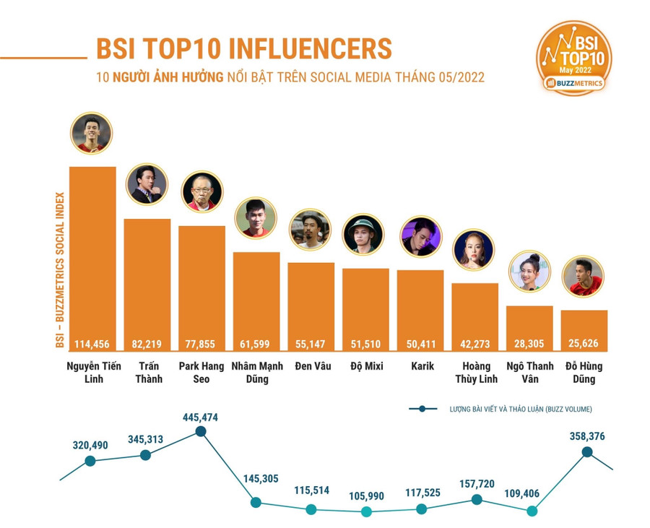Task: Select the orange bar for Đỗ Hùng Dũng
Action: pyautogui.click(x=584, y=325)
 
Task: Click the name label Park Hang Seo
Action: pyautogui.click(x=201, y=372)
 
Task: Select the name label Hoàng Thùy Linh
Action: pyautogui.click(x=475, y=372)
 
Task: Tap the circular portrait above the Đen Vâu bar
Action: pyautogui.click(x=311, y=230)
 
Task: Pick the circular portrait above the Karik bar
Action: pyautogui.click(x=420, y=237)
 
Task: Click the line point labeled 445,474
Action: pyautogui.click(x=201, y=432)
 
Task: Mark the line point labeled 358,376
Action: pyautogui.click(x=587, y=452)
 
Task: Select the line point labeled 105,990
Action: pyautogui.click(x=365, y=512)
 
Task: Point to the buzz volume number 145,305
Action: pyautogui.click(x=256, y=479)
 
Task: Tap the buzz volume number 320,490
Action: pyautogui.click(x=90, y=445)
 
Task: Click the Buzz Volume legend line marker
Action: pyautogui.click(x=422, y=409)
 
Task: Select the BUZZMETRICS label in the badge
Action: pyautogui.click(x=576, y=84)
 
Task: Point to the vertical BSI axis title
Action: pyautogui.click(x=60, y=269)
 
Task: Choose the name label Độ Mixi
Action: pyautogui.click(x=365, y=366)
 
